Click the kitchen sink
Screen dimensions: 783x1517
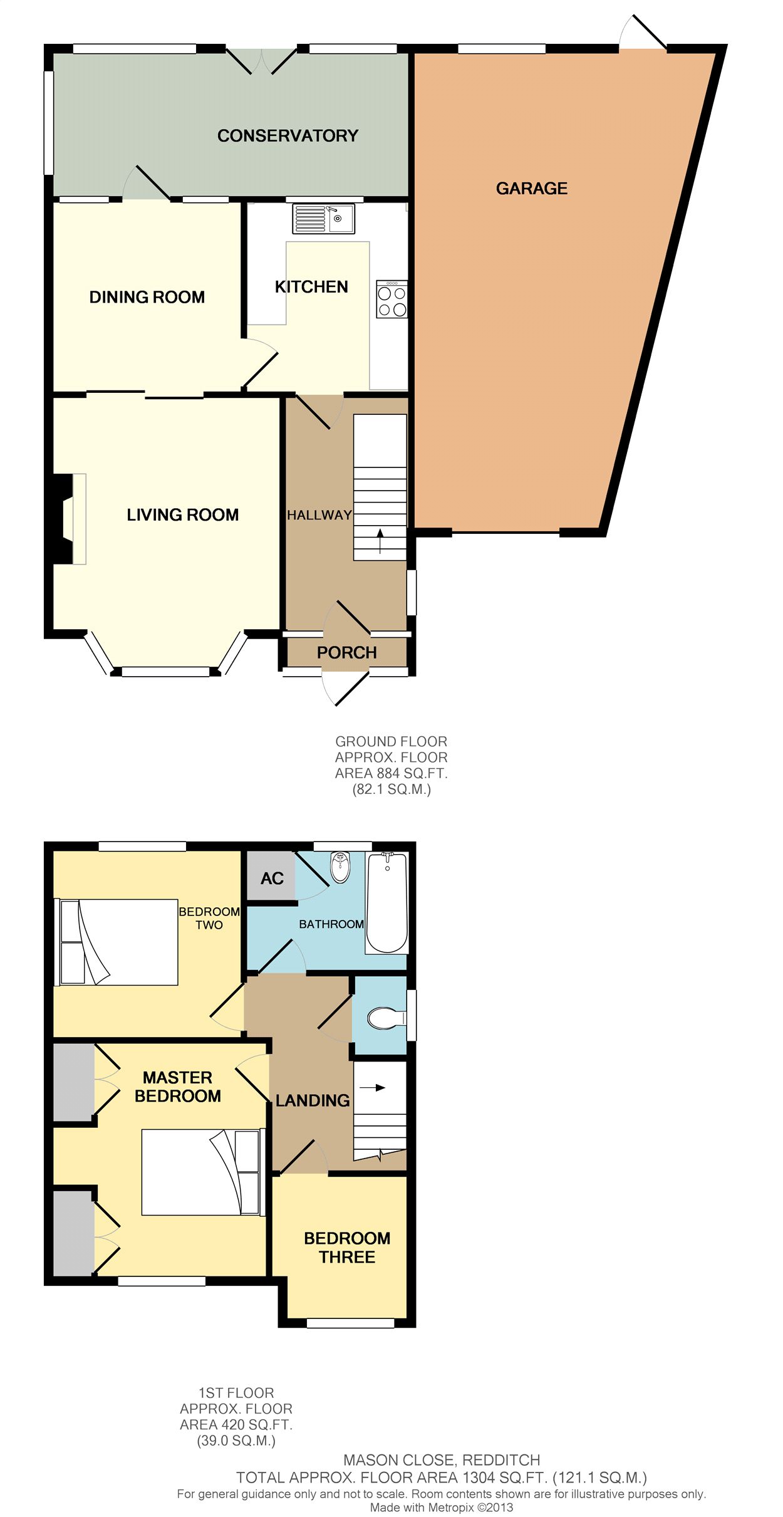(x=323, y=219)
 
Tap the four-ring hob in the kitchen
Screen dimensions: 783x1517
(x=392, y=299)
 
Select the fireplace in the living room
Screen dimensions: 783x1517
(x=68, y=519)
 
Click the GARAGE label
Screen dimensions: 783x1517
(x=532, y=188)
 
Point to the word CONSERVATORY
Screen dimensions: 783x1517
(x=288, y=135)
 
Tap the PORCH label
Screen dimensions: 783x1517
(x=346, y=652)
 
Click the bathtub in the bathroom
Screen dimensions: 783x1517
(x=387, y=903)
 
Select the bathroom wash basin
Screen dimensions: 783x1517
(x=340, y=867)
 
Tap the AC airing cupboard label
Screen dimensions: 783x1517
(x=272, y=878)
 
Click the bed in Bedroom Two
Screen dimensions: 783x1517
(x=117, y=942)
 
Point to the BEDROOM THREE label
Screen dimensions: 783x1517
(x=347, y=1247)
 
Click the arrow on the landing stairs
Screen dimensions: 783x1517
(x=372, y=1088)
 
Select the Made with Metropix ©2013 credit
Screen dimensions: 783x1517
(x=442, y=1508)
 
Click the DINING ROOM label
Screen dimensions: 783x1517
(x=147, y=297)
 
